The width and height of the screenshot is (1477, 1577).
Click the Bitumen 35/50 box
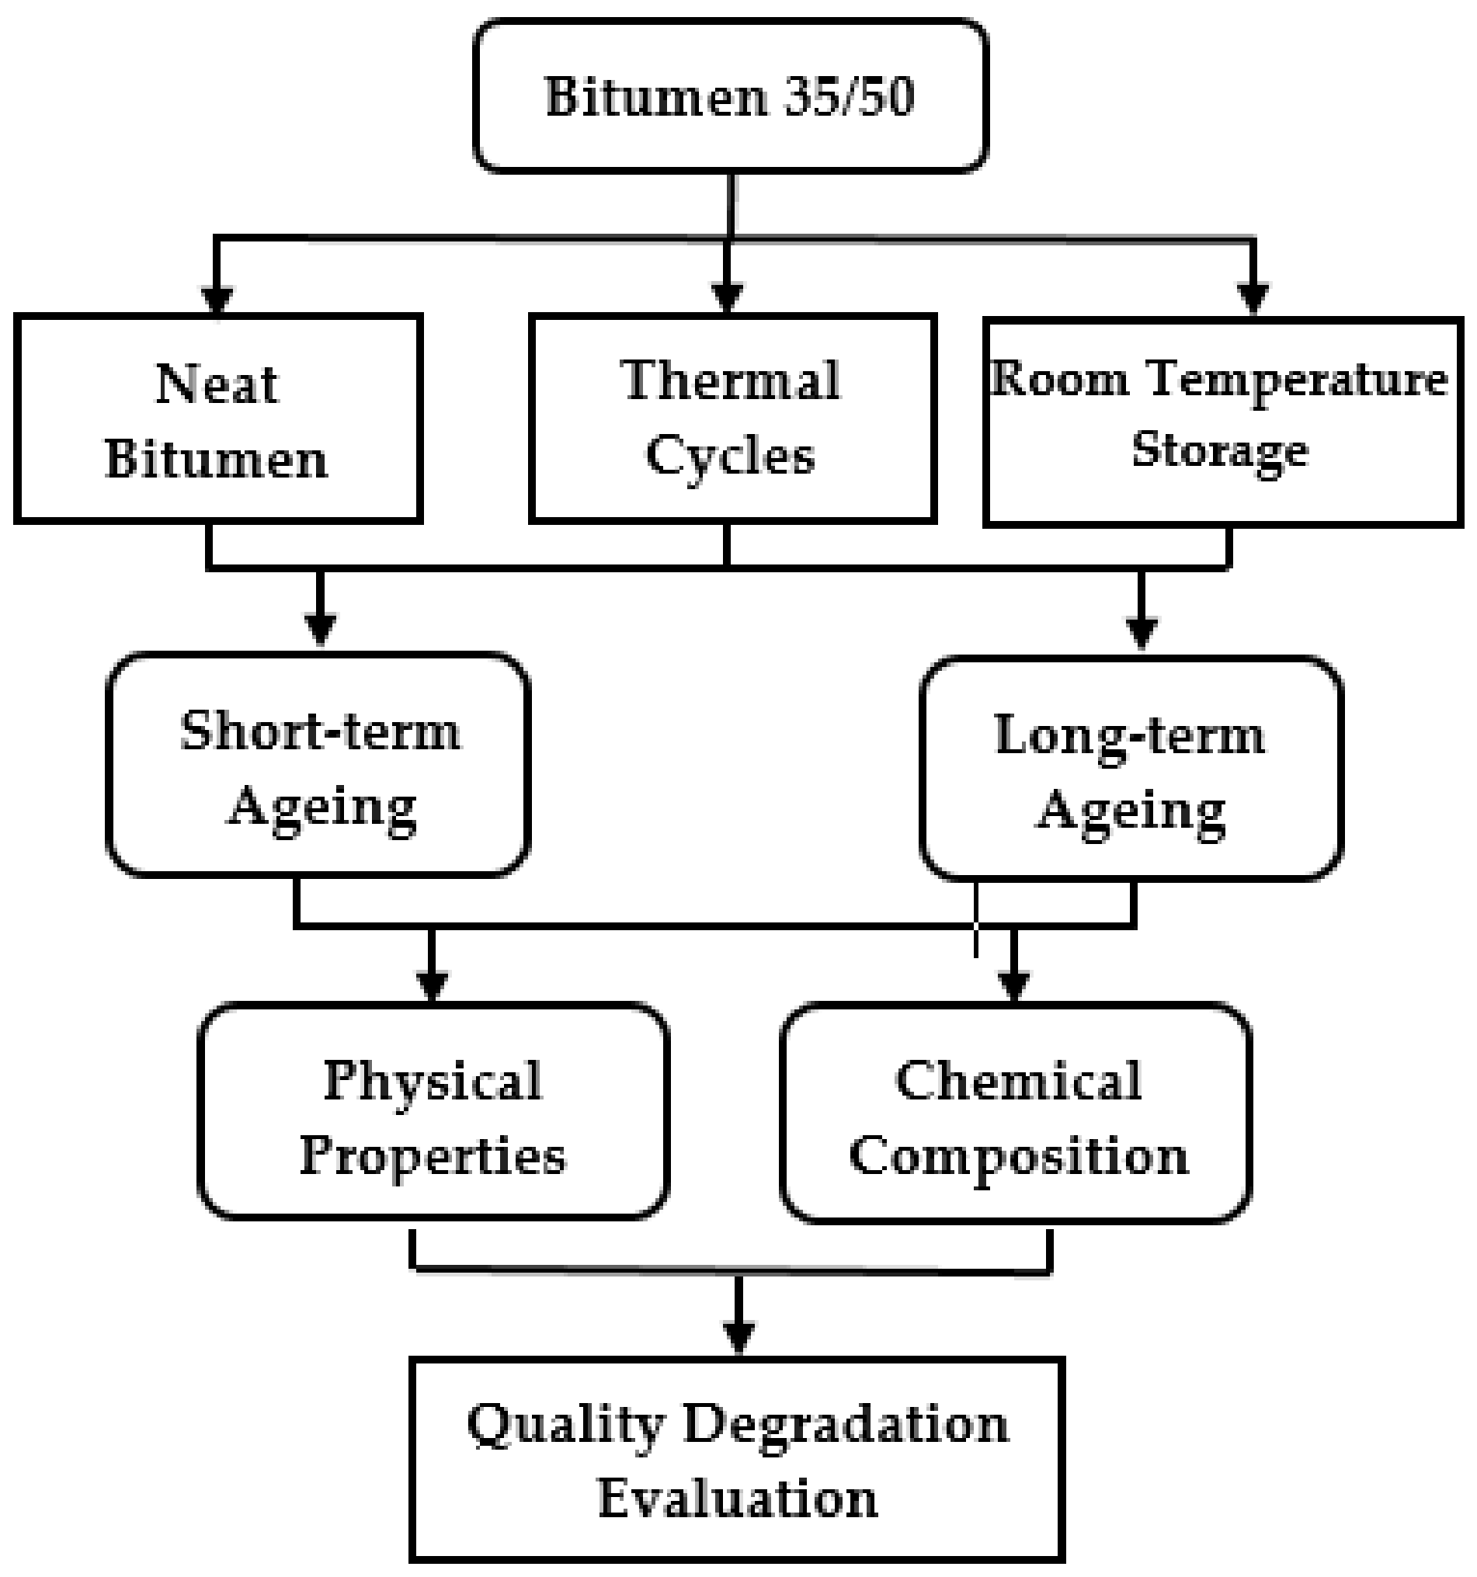pos(730,96)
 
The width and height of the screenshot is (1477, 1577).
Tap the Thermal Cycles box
pos(732,419)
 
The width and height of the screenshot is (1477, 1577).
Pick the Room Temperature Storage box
pos(1222,422)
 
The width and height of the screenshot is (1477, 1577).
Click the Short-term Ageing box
pos(318,765)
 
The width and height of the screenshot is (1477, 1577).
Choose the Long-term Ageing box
pos(1131,769)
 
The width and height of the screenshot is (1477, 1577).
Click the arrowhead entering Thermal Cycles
pos(728,299)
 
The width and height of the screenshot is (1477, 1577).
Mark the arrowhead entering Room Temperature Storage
pos(1253,300)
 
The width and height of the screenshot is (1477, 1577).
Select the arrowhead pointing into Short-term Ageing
pos(320,630)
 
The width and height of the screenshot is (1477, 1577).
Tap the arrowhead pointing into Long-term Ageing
pos(1142,633)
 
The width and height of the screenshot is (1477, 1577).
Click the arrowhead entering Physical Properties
pos(433,986)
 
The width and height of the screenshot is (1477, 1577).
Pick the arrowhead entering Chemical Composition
pos(1014,986)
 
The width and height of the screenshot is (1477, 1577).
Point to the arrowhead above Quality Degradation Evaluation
pos(739,1337)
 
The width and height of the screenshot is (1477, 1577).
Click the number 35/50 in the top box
pos(848,97)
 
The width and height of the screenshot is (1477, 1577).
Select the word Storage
pos(1220,450)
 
